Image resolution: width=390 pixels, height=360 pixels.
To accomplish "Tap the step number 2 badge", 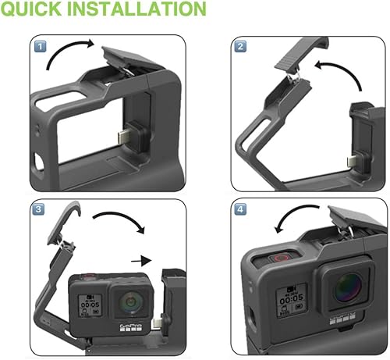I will pos(242,47).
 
